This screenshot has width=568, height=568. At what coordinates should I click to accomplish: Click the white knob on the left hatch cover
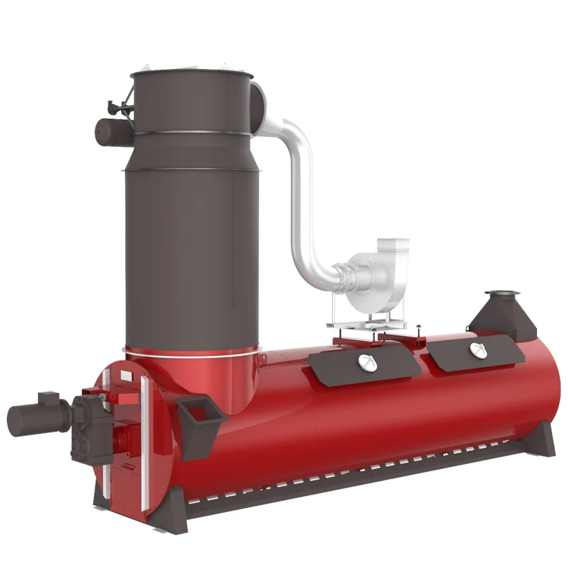point(366,364)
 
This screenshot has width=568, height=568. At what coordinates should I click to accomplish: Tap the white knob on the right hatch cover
point(476,349)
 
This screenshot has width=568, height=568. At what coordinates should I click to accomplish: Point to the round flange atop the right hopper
point(500,293)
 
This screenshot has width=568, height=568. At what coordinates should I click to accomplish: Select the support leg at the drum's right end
point(541,447)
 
